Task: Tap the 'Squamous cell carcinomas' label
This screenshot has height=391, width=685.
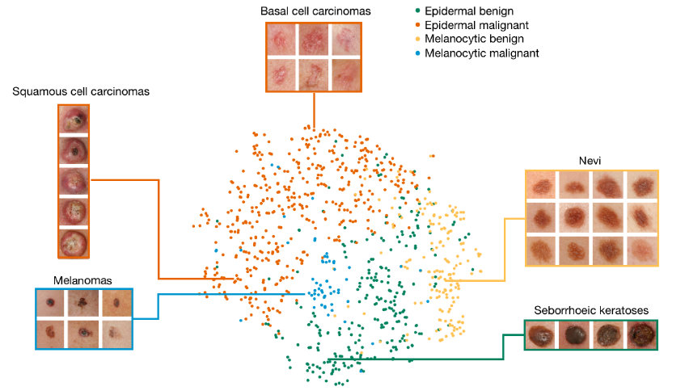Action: [x=81, y=92]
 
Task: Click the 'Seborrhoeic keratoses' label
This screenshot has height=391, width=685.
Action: [x=591, y=309]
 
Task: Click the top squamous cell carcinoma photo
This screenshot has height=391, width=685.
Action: [x=74, y=120]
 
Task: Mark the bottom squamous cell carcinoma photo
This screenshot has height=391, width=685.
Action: [x=74, y=242]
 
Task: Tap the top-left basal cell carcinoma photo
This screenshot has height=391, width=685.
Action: [x=281, y=39]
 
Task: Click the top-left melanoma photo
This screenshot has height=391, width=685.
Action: [x=53, y=302]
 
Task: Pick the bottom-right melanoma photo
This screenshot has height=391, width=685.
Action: [x=116, y=331]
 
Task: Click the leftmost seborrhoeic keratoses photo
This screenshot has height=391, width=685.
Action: [x=540, y=334]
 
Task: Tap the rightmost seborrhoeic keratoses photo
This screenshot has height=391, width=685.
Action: [x=642, y=334]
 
